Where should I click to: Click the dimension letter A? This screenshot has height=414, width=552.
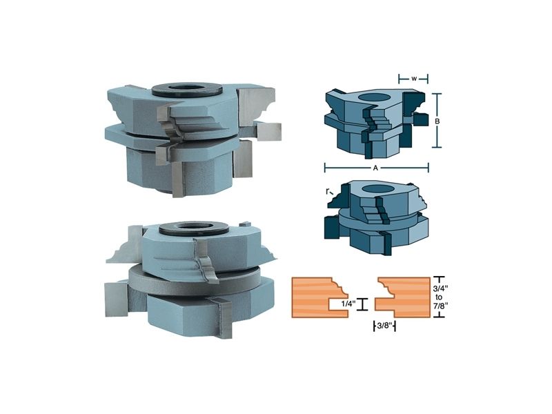375,168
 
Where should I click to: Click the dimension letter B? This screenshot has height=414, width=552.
437,121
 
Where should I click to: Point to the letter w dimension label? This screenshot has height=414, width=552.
414,79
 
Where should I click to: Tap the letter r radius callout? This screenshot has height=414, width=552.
327,192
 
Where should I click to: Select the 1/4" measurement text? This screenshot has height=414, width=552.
348,304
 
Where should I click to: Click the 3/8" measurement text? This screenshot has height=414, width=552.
384,326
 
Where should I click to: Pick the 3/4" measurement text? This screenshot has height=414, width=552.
440,288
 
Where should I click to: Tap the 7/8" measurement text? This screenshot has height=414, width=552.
440,306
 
